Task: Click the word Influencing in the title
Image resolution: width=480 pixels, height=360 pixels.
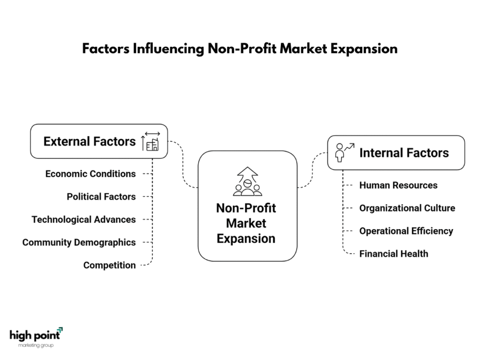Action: pyautogui.click(x=168, y=49)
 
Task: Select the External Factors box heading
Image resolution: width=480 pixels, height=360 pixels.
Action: pyautogui.click(x=90, y=142)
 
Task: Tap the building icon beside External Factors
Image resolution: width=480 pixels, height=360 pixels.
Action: pyautogui.click(x=150, y=142)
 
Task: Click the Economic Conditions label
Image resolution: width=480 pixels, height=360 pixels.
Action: pyautogui.click(x=90, y=174)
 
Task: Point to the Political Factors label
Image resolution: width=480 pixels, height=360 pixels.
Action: pyautogui.click(x=101, y=196)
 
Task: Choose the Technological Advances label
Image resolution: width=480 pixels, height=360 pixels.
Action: pyautogui.click(x=83, y=219)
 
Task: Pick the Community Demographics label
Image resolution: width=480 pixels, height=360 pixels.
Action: pyautogui.click(x=79, y=242)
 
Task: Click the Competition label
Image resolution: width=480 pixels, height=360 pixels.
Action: pyautogui.click(x=109, y=265)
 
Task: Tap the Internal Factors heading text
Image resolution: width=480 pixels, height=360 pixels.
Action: pyautogui.click(x=404, y=153)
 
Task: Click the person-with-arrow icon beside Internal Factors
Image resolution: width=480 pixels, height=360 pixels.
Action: pyautogui.click(x=345, y=152)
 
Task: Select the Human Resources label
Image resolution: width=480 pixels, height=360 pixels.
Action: pyautogui.click(x=398, y=185)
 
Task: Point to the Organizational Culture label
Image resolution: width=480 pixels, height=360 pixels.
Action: pyautogui.click(x=407, y=208)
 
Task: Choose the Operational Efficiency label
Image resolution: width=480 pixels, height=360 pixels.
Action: pyautogui.click(x=406, y=231)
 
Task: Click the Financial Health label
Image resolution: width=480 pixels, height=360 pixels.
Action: pyautogui.click(x=394, y=254)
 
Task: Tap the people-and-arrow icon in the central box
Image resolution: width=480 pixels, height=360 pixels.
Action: pyautogui.click(x=247, y=181)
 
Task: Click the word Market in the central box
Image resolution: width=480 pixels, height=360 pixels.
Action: pyautogui.click(x=246, y=223)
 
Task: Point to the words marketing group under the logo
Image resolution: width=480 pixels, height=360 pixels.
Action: pyautogui.click(x=36, y=345)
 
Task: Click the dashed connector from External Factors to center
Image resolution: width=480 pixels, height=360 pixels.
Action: pyautogui.click(x=183, y=164)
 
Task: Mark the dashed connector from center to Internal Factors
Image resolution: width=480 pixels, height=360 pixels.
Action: pyautogui.click(x=313, y=170)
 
